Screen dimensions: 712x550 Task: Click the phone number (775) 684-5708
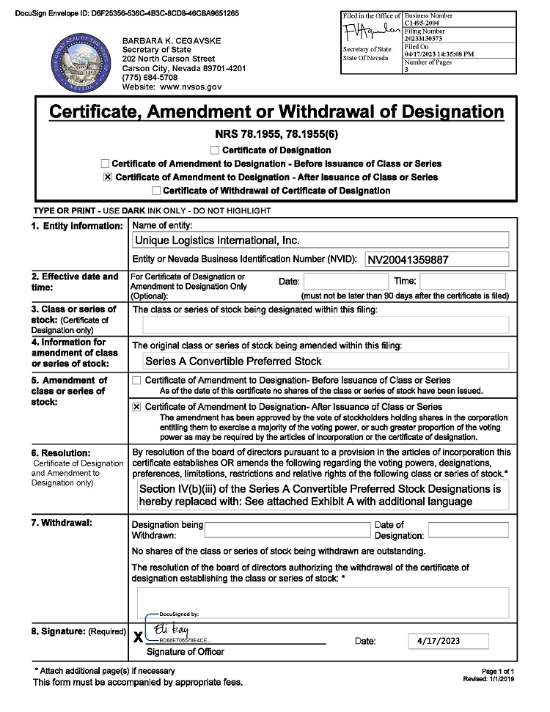click(x=150, y=77)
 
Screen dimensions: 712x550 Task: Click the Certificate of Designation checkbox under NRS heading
click(x=215, y=150)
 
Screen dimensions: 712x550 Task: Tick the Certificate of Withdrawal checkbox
click(x=155, y=191)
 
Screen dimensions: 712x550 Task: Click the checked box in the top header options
click(x=108, y=177)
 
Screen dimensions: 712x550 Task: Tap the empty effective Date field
click(x=346, y=281)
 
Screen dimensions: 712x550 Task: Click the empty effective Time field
click(x=463, y=281)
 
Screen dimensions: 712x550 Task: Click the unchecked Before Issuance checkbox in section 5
click(x=136, y=381)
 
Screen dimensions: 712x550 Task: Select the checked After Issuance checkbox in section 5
click(x=136, y=407)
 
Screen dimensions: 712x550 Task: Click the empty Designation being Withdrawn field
click(x=287, y=529)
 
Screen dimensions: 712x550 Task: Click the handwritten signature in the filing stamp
click(x=371, y=33)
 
